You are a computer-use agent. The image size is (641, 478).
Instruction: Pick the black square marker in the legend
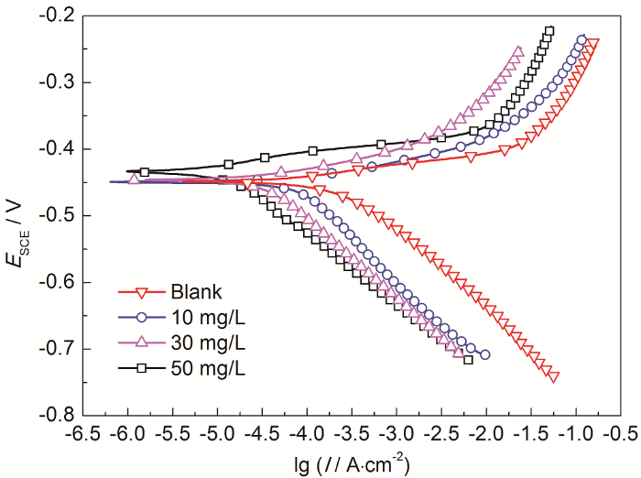pyautogui.click(x=141, y=367)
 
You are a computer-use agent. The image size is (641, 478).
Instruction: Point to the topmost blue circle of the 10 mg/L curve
pyautogui.click(x=581, y=39)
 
